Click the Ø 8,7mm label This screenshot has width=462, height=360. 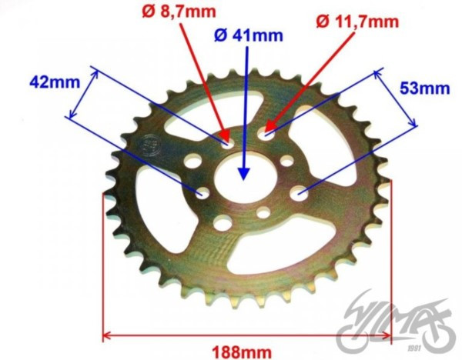pos(179,12)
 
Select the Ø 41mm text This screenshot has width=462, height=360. pos(249,35)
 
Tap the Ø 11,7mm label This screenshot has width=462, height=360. pos(357,22)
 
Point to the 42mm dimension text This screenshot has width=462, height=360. pos(55,82)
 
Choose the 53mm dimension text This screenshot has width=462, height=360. pos(424,88)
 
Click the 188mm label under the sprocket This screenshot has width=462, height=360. pos(242,352)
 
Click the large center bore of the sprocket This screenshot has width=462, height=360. pos(246,178)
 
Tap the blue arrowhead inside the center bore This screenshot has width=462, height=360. pos(243,174)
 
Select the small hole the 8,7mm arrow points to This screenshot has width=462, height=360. pos(229,143)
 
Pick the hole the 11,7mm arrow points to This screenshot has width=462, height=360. pos(266,134)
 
